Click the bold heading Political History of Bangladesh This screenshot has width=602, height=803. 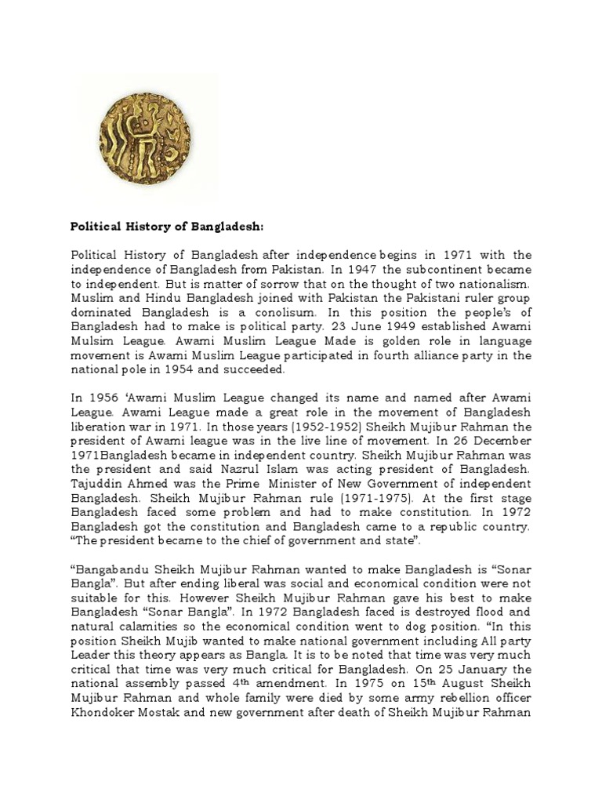coord(168,227)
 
